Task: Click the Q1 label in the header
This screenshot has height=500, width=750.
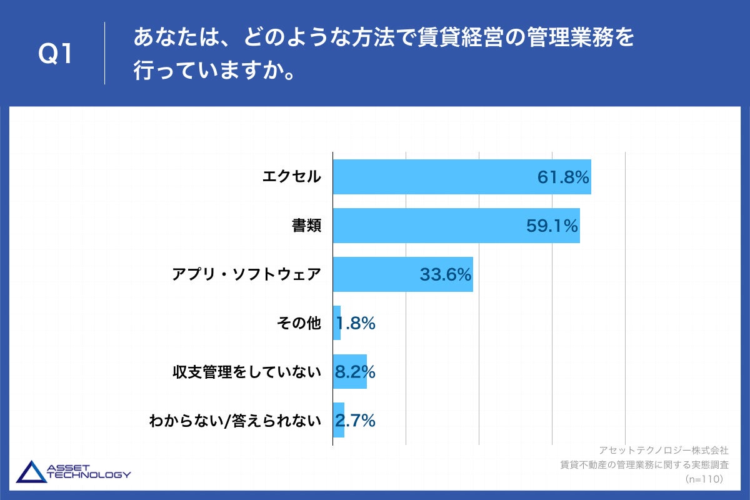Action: (56, 55)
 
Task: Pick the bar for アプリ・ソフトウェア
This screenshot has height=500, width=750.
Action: (375, 274)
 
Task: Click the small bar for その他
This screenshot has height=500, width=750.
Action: (337, 323)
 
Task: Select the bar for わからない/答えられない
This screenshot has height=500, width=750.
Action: (338, 421)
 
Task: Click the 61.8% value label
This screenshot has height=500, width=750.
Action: (563, 177)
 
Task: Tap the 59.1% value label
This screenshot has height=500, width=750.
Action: (552, 226)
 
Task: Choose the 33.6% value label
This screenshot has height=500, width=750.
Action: (445, 275)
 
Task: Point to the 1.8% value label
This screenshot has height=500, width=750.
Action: (356, 324)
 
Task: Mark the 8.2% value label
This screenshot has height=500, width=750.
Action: (355, 372)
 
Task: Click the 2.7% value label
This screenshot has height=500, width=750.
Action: (355, 421)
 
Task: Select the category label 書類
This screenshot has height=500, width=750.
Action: (306, 226)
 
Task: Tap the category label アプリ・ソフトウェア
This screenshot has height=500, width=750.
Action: (247, 274)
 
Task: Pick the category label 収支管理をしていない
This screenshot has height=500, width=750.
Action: (247, 372)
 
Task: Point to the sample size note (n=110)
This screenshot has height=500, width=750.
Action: (704, 479)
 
